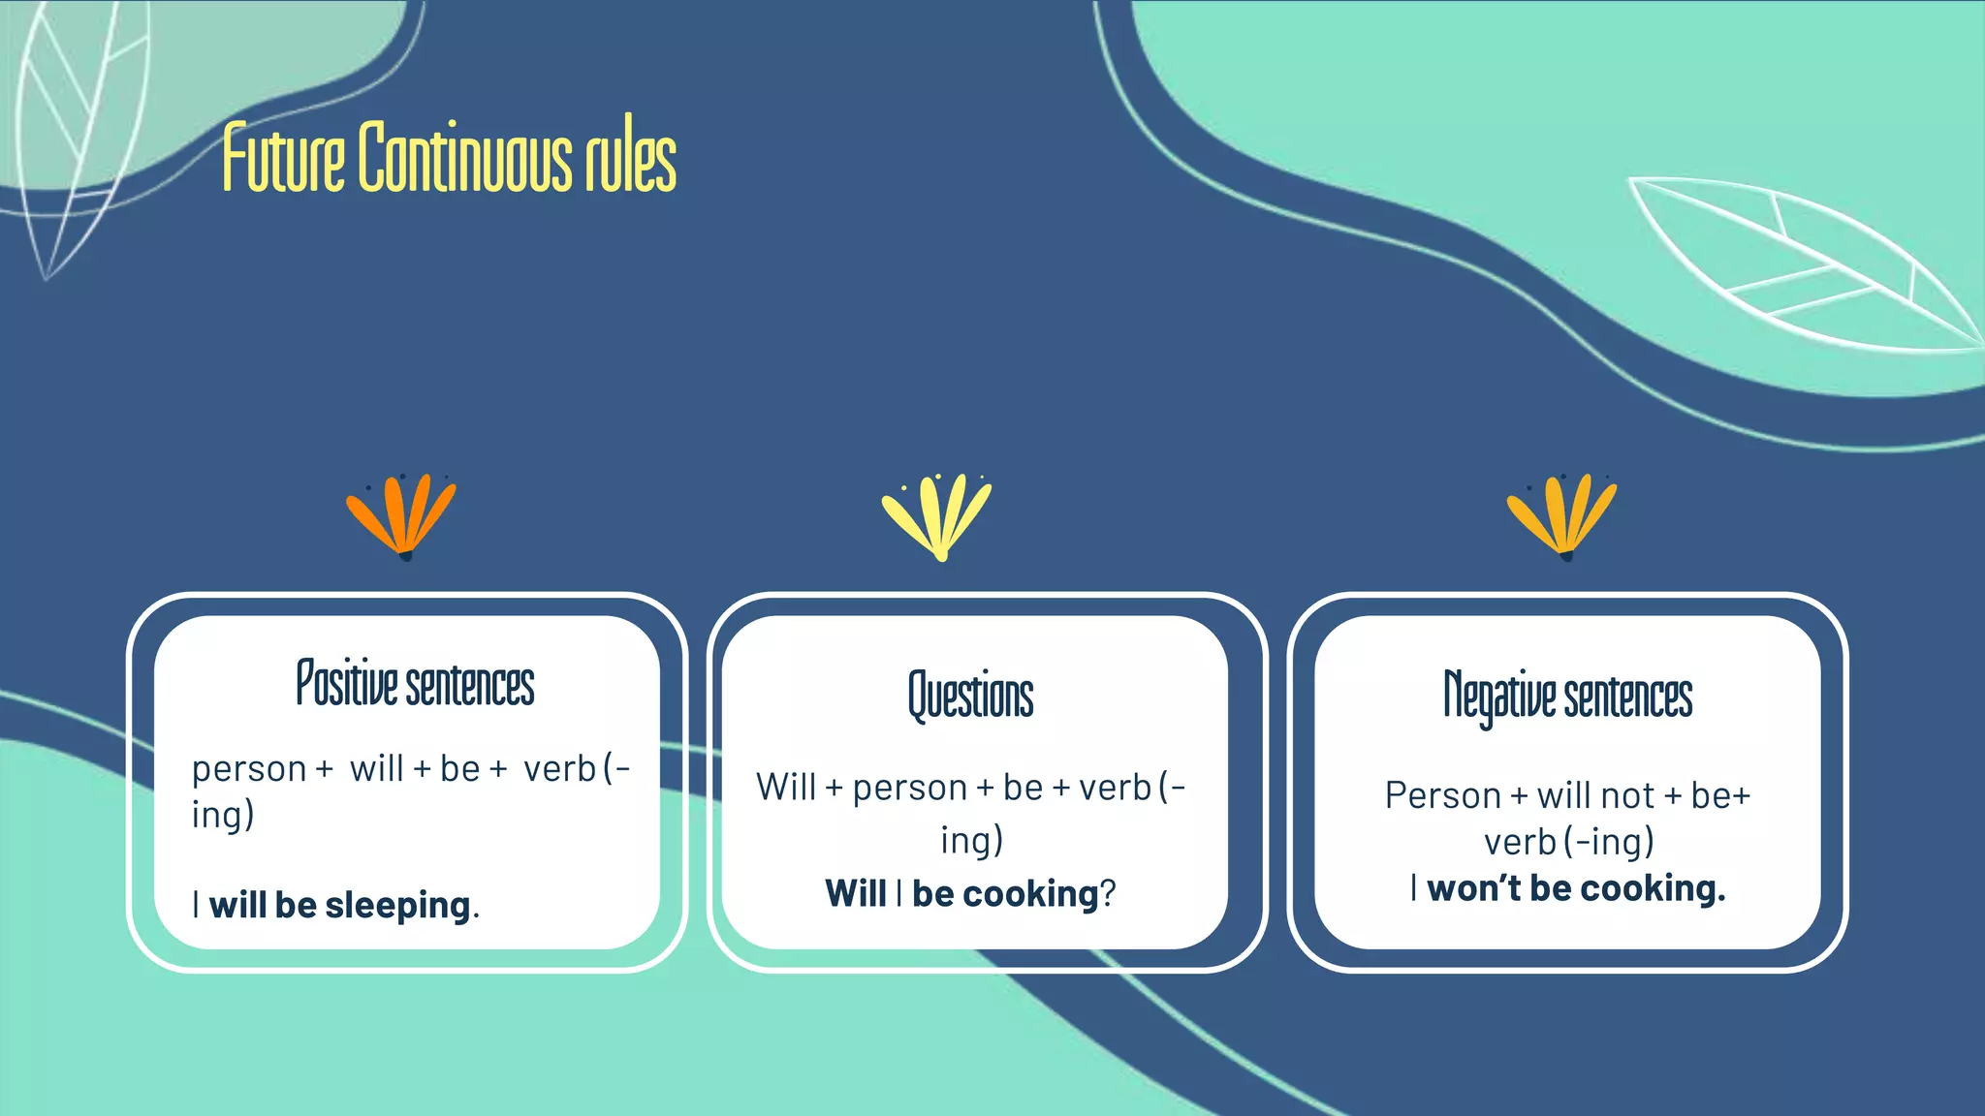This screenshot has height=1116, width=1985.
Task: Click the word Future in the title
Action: tap(283, 158)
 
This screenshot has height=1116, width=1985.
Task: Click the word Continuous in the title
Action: tap(464, 158)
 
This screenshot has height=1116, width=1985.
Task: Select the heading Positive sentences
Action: tap(415, 684)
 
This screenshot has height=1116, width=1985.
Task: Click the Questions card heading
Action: tap(970, 696)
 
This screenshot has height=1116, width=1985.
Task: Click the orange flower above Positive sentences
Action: tap(401, 514)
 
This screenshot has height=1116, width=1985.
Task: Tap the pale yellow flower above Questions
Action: tap(937, 514)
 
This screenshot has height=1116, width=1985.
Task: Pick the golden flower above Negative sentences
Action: tap(1561, 514)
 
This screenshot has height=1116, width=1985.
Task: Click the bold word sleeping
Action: tap(397, 905)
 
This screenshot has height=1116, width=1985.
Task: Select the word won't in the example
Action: tap(1474, 888)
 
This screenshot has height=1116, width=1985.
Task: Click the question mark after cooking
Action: tap(1108, 893)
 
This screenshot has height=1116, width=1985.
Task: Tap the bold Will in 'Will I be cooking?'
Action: tap(855, 893)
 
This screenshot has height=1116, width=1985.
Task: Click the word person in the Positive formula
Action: tap(249, 770)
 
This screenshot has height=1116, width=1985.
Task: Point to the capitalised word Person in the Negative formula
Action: tap(1442, 795)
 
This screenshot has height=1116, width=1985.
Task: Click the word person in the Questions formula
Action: tap(909, 789)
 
